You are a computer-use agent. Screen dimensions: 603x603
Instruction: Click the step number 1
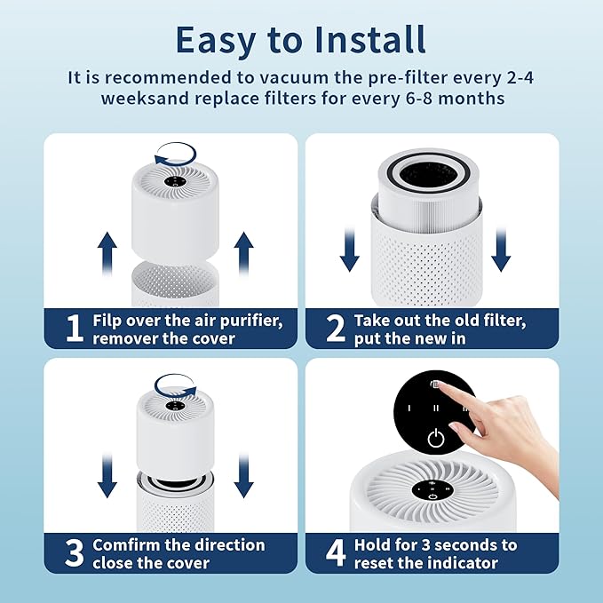coord(75,328)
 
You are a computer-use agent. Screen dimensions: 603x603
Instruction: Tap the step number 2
coord(336,328)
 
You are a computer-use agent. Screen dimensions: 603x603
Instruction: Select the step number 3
coord(75,552)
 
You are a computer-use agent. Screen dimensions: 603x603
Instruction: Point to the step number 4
coord(336,552)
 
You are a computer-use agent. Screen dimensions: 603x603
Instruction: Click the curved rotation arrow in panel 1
coord(176,156)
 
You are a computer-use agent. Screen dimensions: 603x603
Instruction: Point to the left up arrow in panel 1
coord(107,251)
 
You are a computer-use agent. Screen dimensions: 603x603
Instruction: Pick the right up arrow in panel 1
coord(243,251)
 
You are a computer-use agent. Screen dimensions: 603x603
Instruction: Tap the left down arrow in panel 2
coord(350,249)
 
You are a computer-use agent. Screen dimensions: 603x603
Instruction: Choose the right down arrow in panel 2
coord(501,249)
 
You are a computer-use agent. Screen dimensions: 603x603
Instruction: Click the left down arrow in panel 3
coord(107,475)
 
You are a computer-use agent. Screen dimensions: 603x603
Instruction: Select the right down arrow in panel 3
coord(243,475)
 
